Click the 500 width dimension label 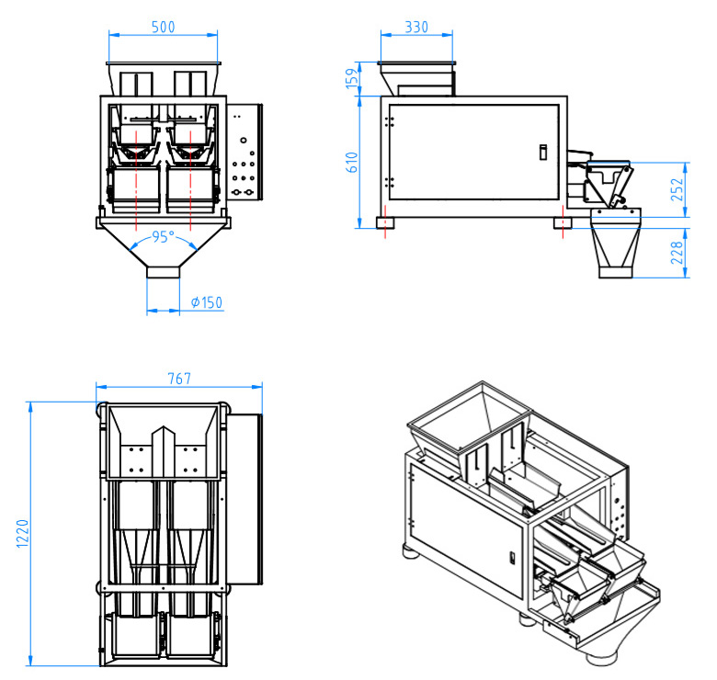point(163,28)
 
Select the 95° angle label point(163,237)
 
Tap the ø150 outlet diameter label point(207,302)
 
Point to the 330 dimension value point(416,28)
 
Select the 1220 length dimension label point(22,533)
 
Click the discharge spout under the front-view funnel point(164,273)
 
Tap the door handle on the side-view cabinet point(542,152)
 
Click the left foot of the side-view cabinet point(386,222)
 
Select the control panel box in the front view point(244,152)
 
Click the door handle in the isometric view point(512,554)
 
